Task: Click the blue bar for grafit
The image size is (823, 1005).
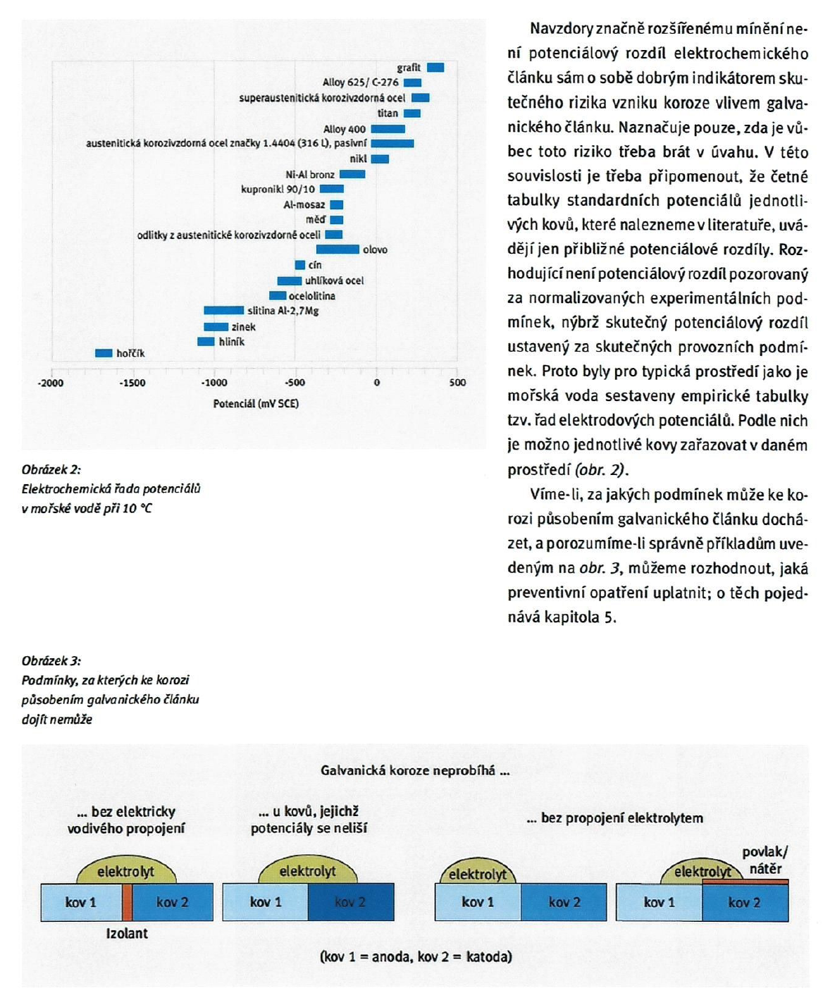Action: (435, 68)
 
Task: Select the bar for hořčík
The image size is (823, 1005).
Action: (104, 353)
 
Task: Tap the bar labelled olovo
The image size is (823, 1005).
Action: (338, 249)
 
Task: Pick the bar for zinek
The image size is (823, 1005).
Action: (216, 327)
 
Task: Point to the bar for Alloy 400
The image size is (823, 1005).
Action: (388, 129)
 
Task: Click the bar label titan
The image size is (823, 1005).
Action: (388, 113)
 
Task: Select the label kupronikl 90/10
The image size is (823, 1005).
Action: (278, 190)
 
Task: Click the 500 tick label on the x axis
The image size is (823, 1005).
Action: (457, 382)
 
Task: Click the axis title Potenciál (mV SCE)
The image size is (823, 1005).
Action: (256, 404)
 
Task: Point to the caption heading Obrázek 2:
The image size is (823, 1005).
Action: (51, 470)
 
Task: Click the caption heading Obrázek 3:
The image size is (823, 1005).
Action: (51, 661)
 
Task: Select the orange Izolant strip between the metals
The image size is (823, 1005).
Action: (128, 902)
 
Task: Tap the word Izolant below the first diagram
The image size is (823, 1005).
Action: (127, 933)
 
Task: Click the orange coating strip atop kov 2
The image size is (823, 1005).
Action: (745, 882)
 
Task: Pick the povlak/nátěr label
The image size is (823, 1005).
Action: (765, 860)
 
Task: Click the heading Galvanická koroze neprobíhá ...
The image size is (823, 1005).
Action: (415, 770)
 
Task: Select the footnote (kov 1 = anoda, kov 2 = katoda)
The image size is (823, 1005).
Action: (416, 956)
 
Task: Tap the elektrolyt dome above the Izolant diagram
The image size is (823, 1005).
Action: (126, 870)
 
